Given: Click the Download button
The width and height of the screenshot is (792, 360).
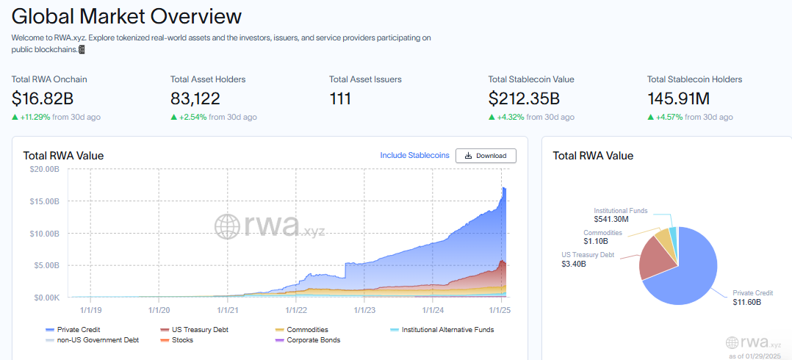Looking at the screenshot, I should pyautogui.click(x=486, y=156).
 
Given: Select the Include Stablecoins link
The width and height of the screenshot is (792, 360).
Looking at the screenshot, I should pyautogui.click(x=414, y=156).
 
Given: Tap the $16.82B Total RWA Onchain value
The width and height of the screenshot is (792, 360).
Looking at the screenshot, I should pyautogui.click(x=43, y=98).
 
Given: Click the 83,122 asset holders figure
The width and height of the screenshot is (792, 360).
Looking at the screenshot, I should pyautogui.click(x=195, y=98).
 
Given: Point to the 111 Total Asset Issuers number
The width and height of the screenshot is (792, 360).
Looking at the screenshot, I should pyautogui.click(x=341, y=98).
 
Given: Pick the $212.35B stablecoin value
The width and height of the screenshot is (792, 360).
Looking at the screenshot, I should pyautogui.click(x=524, y=98).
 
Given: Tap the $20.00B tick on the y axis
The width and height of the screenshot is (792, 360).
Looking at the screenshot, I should pyautogui.click(x=46, y=169).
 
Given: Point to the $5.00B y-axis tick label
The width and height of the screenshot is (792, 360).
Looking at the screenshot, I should pyautogui.click(x=47, y=265).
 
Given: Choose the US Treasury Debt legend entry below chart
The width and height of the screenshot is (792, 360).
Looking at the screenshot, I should pyautogui.click(x=199, y=330).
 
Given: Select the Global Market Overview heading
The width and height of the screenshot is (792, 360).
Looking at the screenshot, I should pyautogui.click(x=127, y=15).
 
